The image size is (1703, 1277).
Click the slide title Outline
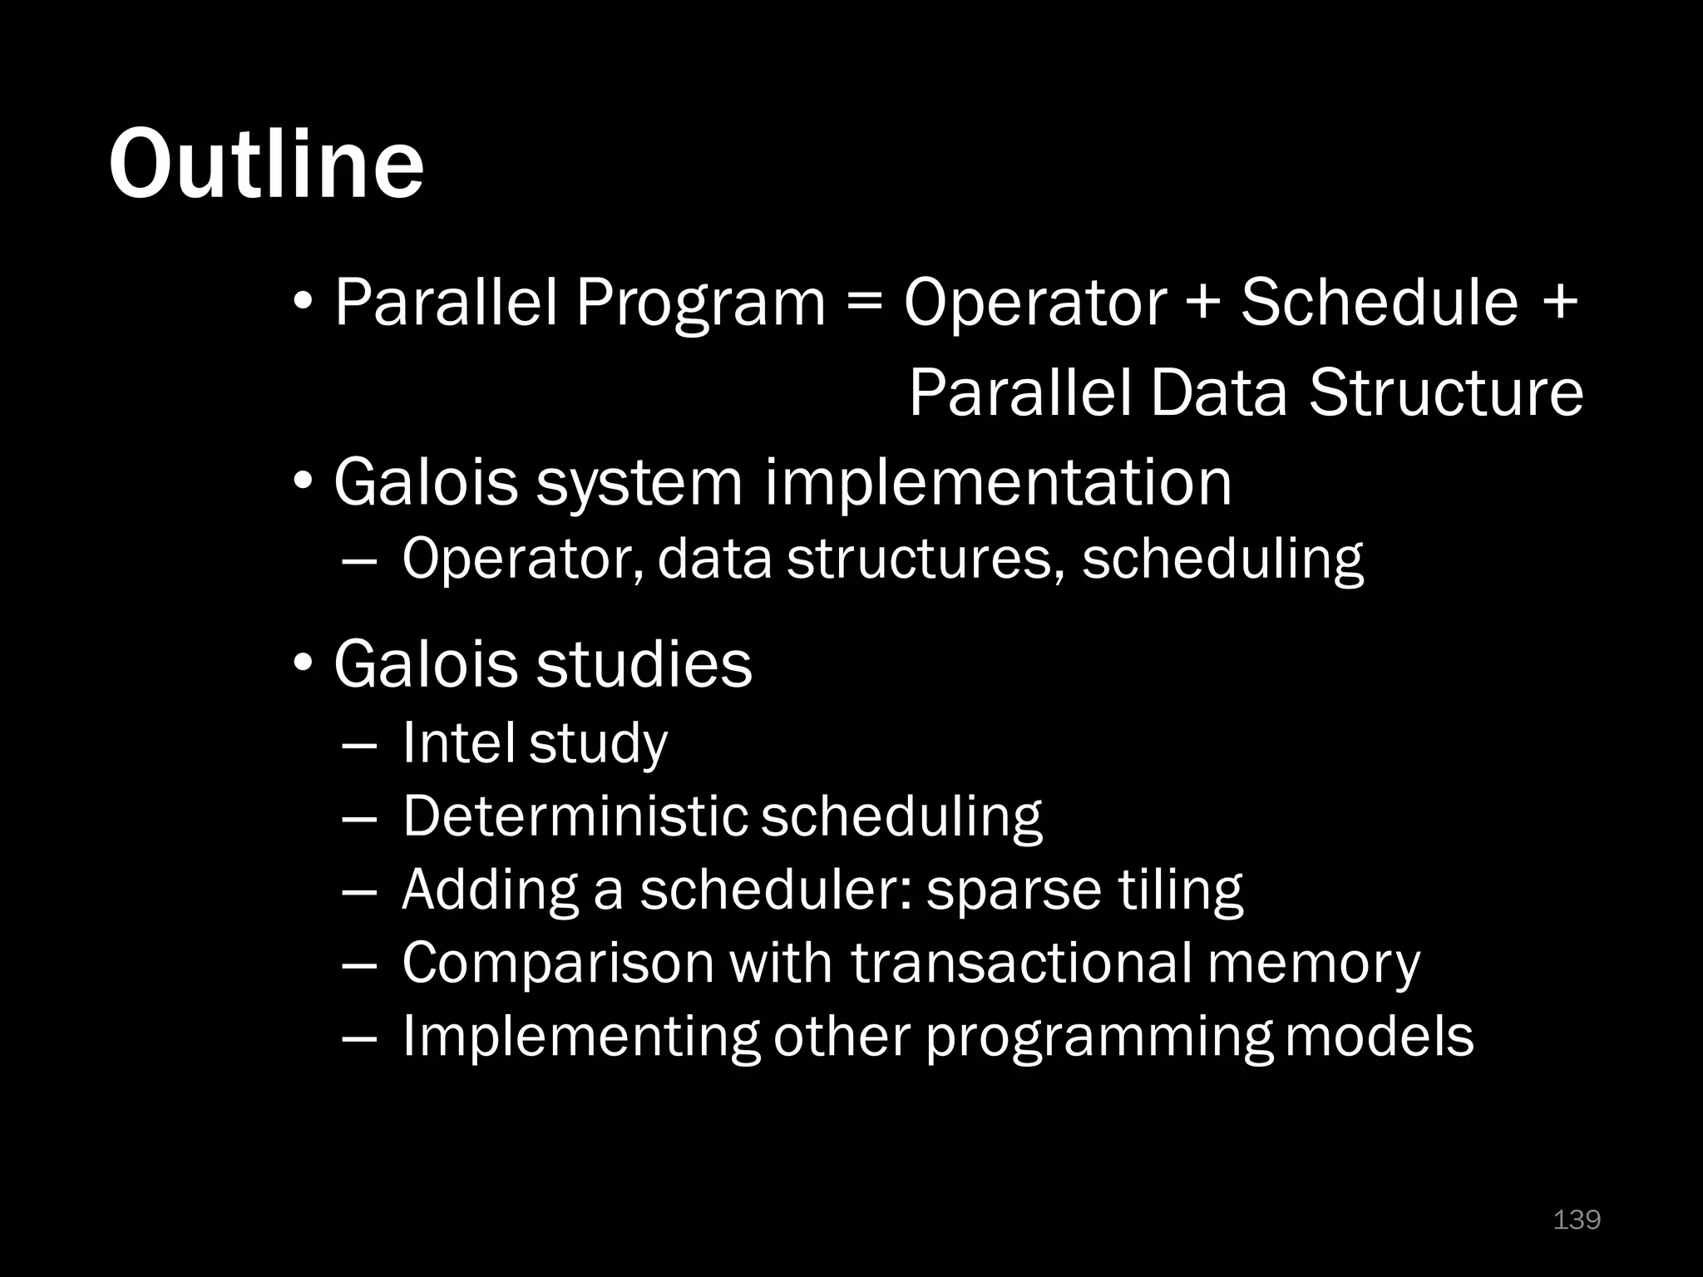pyautogui.click(x=266, y=163)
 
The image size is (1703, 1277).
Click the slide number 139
pyautogui.click(x=1577, y=1220)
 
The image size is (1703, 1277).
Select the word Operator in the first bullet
pyautogui.click(x=1035, y=303)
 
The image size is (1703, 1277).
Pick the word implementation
pyautogui.click(x=998, y=483)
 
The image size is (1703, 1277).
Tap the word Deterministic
pyautogui.click(x=575, y=816)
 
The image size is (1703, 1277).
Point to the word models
pyautogui.click(x=1380, y=1036)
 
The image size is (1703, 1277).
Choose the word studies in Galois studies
pyautogui.click(x=644, y=664)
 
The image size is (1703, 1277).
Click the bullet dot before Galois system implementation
pyautogui.click(x=304, y=481)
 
